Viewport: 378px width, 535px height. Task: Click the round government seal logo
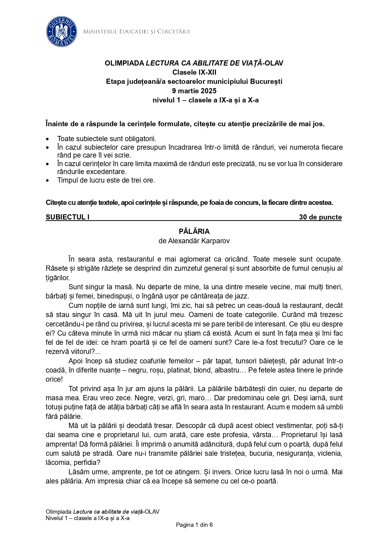(x=62, y=32)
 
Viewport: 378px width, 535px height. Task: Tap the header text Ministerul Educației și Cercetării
(x=136, y=32)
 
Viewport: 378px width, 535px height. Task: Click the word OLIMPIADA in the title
(x=124, y=63)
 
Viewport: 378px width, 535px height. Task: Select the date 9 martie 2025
(x=194, y=91)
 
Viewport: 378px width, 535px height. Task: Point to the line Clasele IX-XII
(x=194, y=72)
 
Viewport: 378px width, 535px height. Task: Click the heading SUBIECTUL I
(x=68, y=217)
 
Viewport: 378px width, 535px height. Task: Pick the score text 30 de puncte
(x=320, y=217)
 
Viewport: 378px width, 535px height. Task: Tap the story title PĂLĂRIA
(x=194, y=231)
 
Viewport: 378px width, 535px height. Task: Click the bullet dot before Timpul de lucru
(x=47, y=180)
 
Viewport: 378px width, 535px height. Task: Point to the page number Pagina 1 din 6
(x=194, y=525)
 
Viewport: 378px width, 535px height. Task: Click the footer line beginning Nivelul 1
(x=87, y=518)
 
